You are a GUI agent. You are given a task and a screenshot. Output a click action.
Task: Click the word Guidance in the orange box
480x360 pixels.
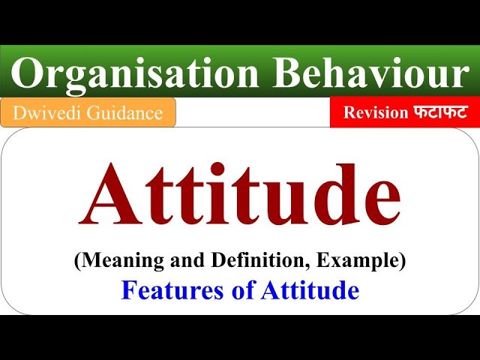coord(127,112)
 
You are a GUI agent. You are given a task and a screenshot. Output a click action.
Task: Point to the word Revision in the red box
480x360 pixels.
coord(376,112)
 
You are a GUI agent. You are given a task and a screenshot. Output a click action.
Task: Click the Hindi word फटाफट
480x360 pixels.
coord(440,112)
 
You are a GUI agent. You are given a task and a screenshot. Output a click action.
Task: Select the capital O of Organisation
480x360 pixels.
coord(28,73)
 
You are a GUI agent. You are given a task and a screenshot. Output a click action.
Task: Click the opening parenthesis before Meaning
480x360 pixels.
coord(76,262)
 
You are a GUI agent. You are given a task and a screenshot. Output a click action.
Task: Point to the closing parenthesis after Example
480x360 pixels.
coord(403,262)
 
